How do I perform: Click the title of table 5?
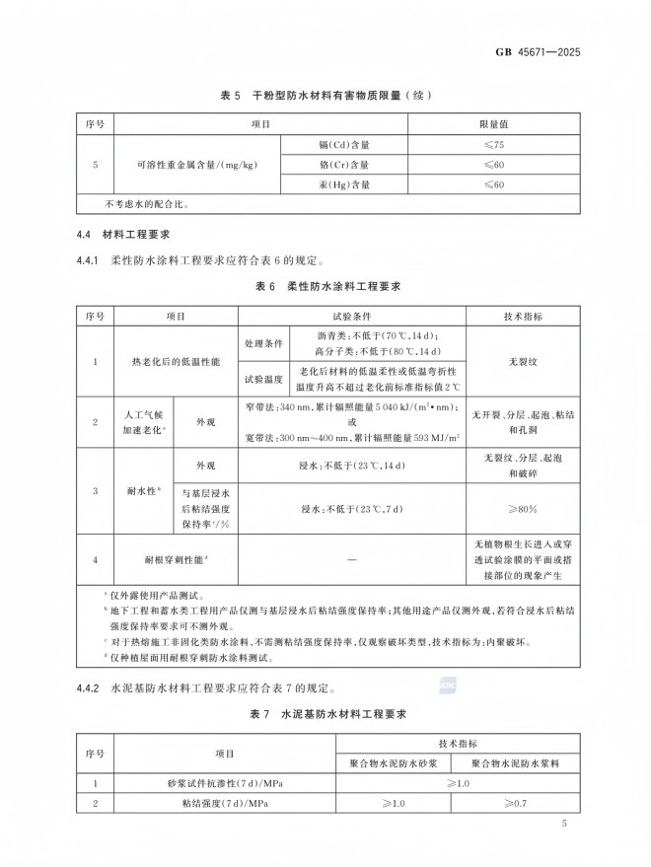(325, 95)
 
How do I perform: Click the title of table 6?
(325, 286)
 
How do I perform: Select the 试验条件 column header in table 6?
(354, 317)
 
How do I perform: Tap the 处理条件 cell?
(263, 344)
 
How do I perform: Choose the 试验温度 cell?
(263, 379)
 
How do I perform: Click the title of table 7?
(325, 712)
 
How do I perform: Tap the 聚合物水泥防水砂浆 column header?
(393, 762)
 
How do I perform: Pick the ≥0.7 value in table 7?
(514, 803)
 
